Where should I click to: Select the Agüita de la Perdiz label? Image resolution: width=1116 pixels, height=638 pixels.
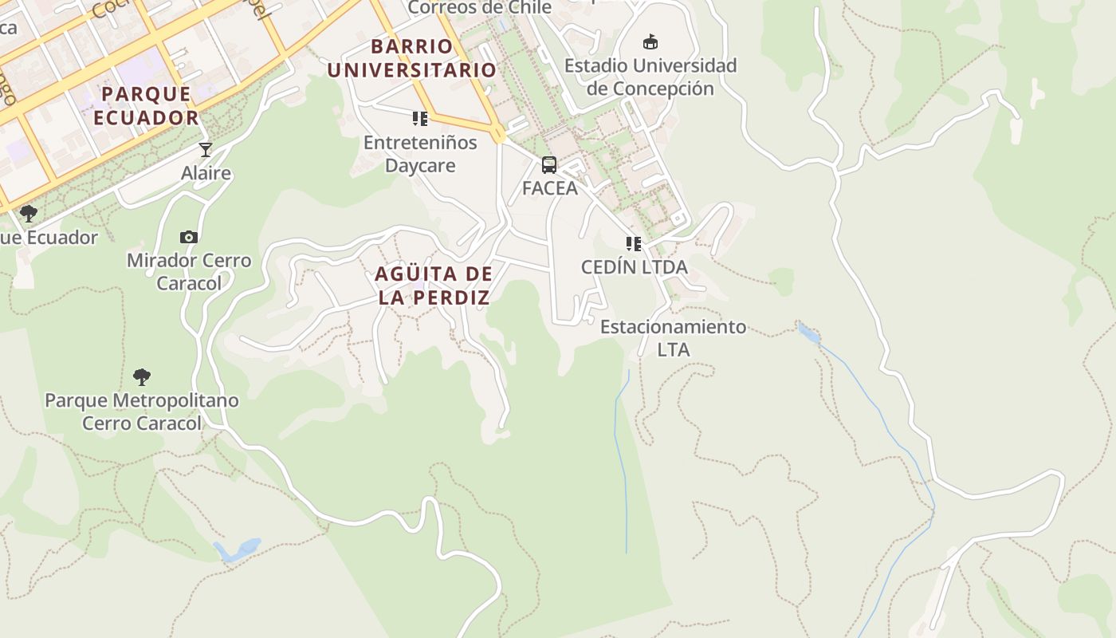(433, 286)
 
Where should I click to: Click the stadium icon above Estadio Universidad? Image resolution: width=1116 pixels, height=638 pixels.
(650, 41)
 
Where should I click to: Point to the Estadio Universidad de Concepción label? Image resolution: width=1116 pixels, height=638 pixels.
(650, 77)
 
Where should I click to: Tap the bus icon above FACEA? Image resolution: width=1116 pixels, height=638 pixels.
(549, 165)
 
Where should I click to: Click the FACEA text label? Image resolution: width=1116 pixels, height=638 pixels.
(549, 188)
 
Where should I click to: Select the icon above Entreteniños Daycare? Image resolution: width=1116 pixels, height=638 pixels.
(420, 120)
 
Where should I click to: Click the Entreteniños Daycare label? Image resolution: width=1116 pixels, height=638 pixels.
(420, 154)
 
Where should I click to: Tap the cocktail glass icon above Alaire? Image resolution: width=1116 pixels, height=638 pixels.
(206, 150)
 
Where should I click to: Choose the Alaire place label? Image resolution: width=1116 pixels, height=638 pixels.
(206, 173)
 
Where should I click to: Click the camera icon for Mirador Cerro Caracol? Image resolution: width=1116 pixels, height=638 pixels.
(189, 237)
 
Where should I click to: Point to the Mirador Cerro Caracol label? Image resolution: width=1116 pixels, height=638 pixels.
(189, 271)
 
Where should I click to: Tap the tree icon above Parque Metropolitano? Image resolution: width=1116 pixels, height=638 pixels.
(142, 376)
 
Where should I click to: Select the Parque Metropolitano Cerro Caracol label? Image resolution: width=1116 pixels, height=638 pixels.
(142, 412)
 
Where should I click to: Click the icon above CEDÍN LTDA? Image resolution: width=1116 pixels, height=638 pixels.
(634, 243)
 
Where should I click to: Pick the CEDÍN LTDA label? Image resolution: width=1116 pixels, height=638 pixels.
(634, 267)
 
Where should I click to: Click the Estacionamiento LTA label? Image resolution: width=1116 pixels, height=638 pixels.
(674, 338)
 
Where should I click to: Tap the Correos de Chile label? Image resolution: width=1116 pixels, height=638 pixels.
(480, 8)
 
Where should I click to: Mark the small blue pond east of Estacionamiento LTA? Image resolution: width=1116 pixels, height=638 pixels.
(808, 333)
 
